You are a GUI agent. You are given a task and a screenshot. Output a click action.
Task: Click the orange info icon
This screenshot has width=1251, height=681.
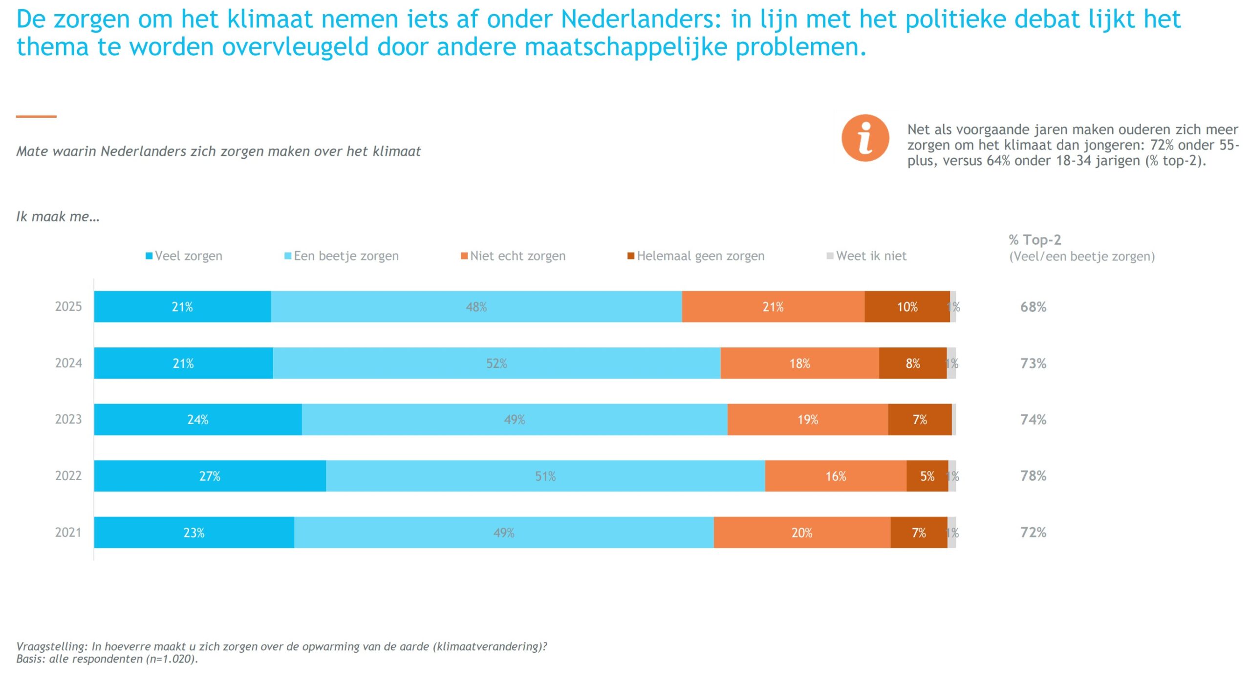[865, 138]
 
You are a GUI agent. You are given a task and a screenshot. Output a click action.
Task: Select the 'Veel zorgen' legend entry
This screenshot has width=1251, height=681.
[184, 256]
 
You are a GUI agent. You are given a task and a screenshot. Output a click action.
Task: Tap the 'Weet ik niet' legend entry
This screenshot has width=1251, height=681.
[866, 256]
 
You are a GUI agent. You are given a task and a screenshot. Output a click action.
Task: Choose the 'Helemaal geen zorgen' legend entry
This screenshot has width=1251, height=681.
[696, 256]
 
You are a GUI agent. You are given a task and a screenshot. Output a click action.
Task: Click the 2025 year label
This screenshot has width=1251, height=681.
[68, 307]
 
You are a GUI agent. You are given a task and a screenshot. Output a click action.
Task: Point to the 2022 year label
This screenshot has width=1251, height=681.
[68, 476]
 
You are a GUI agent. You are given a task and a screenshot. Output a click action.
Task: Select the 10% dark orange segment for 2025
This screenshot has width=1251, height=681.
[907, 307]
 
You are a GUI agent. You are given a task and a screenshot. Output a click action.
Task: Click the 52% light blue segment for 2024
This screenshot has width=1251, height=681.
[496, 363]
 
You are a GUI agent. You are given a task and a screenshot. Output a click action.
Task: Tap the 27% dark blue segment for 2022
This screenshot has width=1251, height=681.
[210, 476]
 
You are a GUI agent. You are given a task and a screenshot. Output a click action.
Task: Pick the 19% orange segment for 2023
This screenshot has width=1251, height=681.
[808, 420]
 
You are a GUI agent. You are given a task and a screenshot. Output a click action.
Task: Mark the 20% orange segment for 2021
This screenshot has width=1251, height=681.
[802, 532]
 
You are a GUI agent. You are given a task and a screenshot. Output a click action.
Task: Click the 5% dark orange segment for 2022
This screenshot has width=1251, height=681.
[927, 476]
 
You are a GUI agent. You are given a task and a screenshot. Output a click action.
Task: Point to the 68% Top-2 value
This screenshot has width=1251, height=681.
[1033, 307]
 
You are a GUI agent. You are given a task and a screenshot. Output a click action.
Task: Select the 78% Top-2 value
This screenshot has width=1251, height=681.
[1033, 476]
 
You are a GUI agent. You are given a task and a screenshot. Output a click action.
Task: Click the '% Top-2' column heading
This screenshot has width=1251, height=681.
[1035, 240]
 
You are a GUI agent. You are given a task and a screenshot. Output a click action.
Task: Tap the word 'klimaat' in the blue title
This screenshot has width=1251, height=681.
[270, 20]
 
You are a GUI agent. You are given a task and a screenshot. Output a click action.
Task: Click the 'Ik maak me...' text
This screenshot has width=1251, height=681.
[58, 216]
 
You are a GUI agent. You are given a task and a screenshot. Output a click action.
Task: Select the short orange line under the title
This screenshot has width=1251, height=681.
[36, 116]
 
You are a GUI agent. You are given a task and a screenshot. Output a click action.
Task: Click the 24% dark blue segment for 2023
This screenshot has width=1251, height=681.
[198, 420]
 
